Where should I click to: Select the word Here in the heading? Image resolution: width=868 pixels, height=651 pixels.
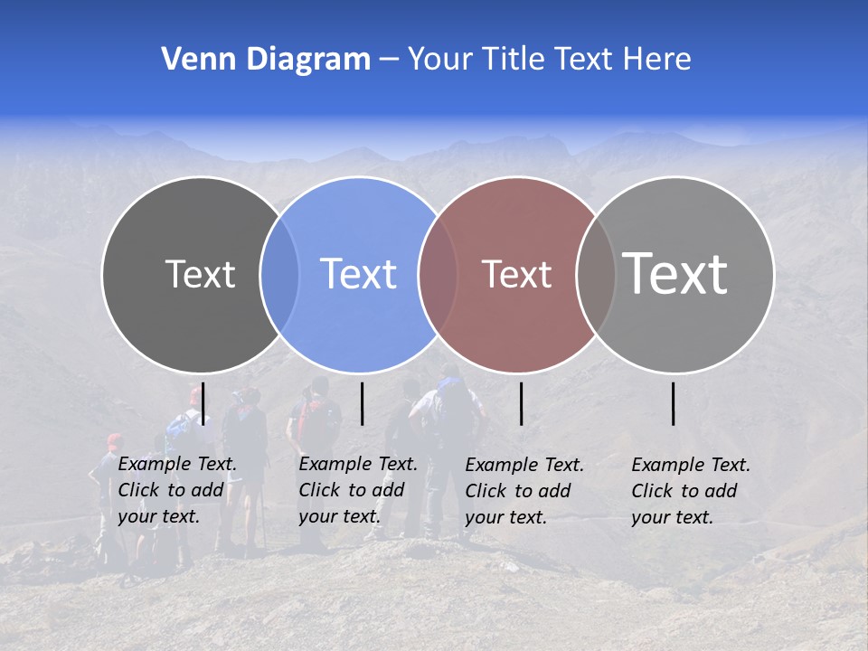[659, 60]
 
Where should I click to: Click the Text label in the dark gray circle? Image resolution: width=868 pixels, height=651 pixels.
[200, 274]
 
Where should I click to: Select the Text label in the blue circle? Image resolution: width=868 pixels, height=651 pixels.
[358, 274]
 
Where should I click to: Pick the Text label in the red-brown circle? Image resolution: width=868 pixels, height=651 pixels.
[516, 274]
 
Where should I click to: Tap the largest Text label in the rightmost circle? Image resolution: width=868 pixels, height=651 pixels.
[675, 273]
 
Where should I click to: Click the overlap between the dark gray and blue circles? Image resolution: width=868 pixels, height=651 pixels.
[279, 274]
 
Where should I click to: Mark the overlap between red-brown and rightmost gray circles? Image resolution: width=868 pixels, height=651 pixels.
[596, 274]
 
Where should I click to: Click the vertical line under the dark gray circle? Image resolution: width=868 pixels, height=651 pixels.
[203, 403]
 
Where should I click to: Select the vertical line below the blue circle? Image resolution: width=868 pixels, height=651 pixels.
[362, 403]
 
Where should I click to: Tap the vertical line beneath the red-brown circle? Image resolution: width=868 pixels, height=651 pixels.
[521, 403]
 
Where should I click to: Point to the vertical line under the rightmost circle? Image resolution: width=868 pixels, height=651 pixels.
[674, 403]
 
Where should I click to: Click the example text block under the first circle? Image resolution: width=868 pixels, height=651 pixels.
[177, 490]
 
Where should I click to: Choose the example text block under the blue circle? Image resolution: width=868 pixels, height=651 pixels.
[358, 490]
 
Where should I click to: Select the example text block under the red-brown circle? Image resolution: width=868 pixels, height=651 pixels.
[524, 491]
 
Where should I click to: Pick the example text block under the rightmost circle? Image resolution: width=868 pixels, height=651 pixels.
[691, 491]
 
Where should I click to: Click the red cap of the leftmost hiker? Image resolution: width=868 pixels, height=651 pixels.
[114, 440]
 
